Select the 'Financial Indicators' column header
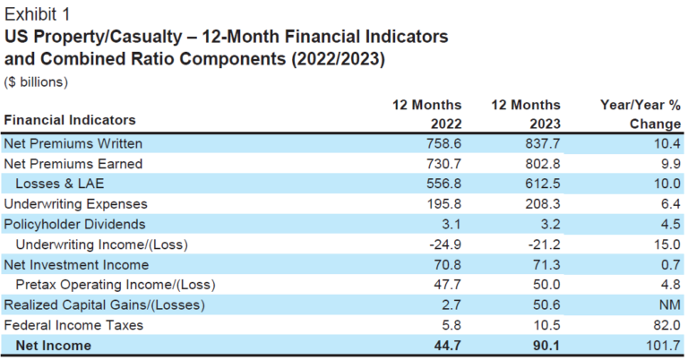(x=70, y=120)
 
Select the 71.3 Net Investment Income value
(x=544, y=265)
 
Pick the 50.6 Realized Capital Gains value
(x=544, y=305)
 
